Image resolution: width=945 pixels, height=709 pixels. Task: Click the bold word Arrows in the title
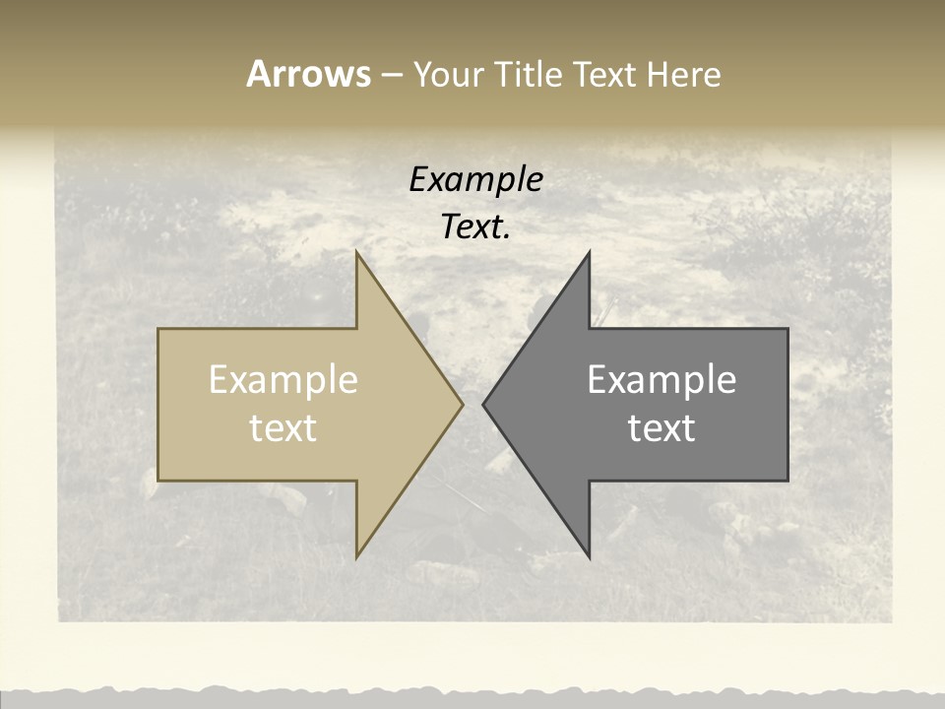pyautogui.click(x=308, y=74)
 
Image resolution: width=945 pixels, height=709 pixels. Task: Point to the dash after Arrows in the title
pyautogui.click(x=391, y=76)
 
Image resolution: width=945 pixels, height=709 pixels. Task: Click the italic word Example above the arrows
pyautogui.click(x=475, y=179)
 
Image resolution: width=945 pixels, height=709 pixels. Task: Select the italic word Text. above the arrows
pyautogui.click(x=475, y=227)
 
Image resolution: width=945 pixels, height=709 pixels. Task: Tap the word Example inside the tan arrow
pyautogui.click(x=283, y=380)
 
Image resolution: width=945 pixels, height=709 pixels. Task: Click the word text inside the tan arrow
pyautogui.click(x=283, y=428)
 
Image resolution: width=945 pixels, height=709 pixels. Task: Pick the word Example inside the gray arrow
pyautogui.click(x=661, y=380)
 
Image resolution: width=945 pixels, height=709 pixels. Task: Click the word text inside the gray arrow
pyautogui.click(x=661, y=428)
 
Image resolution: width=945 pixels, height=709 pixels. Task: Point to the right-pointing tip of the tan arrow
pyautogui.click(x=463, y=404)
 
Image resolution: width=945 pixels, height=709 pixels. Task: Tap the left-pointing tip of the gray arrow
pyautogui.click(x=483, y=404)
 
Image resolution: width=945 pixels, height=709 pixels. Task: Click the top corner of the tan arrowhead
pyautogui.click(x=356, y=252)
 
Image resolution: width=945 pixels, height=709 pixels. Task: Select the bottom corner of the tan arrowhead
pyautogui.click(x=356, y=556)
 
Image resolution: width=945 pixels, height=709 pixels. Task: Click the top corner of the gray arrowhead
pyautogui.click(x=590, y=252)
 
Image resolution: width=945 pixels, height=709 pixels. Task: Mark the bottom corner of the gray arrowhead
pyautogui.click(x=590, y=556)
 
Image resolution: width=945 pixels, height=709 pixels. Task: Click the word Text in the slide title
pyautogui.click(x=605, y=75)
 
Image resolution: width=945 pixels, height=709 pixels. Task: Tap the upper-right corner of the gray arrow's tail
pyautogui.click(x=787, y=329)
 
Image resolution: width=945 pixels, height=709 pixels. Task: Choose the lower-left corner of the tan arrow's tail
pyautogui.click(x=158, y=481)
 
